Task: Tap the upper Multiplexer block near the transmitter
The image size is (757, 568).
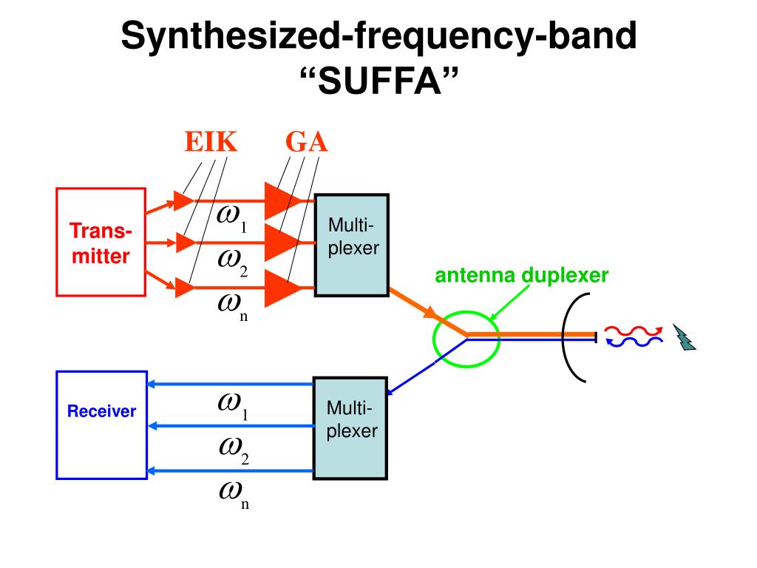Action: point(351,245)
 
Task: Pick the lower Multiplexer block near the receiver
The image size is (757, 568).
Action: point(350,428)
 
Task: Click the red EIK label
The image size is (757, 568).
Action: point(211,142)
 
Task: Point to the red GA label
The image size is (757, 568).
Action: point(306,142)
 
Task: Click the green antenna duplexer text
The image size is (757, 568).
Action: point(521,275)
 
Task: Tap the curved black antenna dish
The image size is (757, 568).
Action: point(563,337)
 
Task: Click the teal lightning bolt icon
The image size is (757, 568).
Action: point(684,337)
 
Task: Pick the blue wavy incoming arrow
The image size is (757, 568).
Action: point(634,342)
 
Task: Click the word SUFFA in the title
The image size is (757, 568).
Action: point(379,81)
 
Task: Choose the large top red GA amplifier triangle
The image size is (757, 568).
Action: point(284,200)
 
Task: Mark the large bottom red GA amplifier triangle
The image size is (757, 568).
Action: point(284,288)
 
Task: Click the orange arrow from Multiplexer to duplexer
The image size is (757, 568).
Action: point(428,312)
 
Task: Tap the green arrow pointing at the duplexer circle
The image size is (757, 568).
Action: point(509,302)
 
